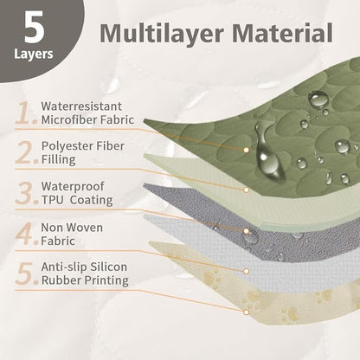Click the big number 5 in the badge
point(34,27)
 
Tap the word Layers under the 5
point(34,54)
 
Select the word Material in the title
point(282,33)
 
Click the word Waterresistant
point(81,106)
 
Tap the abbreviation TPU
point(52,200)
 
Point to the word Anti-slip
point(64,267)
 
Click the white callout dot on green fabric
point(246,150)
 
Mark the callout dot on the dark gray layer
point(246,231)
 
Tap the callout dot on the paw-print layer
point(246,312)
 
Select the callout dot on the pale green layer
point(246,190)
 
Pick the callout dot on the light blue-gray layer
point(246,271)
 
